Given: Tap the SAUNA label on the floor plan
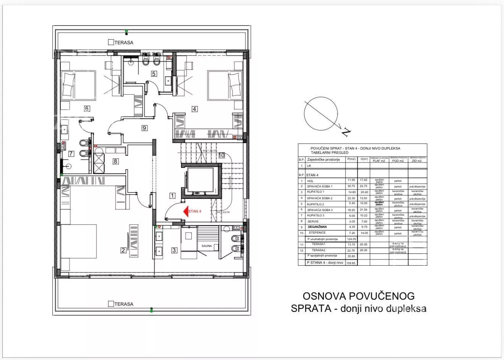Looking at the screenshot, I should [x=207, y=246].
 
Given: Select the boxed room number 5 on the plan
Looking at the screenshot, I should [x=154, y=74].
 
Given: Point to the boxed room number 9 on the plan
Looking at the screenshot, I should [x=144, y=128].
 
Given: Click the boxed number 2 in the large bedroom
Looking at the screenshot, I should [x=123, y=250].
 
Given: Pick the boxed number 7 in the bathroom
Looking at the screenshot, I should [x=71, y=154].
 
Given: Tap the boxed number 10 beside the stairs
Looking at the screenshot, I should [x=222, y=155].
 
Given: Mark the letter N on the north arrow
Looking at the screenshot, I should [x=346, y=132].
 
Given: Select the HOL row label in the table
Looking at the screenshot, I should [x=310, y=181].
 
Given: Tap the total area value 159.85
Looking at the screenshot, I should [x=351, y=263].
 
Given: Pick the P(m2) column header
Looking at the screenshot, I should [x=351, y=160].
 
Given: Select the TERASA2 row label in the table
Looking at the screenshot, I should [x=318, y=250].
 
